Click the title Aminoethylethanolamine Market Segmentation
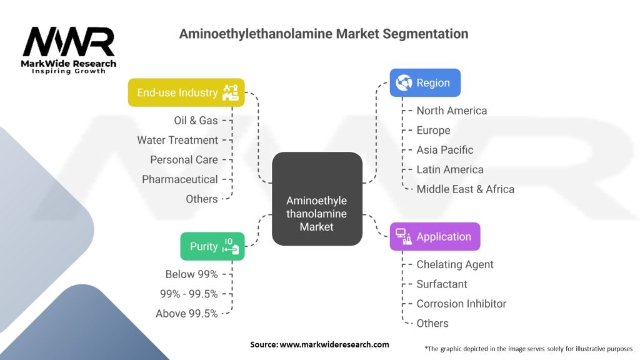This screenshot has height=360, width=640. [x=323, y=34]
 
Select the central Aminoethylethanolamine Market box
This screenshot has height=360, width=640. [x=317, y=198]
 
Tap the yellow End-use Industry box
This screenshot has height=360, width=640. [x=186, y=92]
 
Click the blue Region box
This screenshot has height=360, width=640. [x=425, y=82]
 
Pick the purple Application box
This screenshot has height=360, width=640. [x=435, y=237]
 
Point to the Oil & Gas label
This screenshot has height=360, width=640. [x=196, y=120]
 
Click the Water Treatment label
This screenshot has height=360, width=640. [x=177, y=140]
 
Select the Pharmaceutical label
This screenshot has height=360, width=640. [x=180, y=179]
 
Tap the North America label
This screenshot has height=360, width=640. [x=452, y=111]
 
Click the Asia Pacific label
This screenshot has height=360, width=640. [x=445, y=150]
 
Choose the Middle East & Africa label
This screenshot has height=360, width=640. [x=466, y=189]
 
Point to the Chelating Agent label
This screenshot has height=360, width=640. [x=455, y=264]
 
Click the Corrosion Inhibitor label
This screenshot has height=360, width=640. [x=461, y=304]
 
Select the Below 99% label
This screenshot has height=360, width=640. [x=191, y=274]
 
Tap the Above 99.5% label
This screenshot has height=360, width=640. [x=187, y=314]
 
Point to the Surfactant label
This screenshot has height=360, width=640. [x=442, y=284]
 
